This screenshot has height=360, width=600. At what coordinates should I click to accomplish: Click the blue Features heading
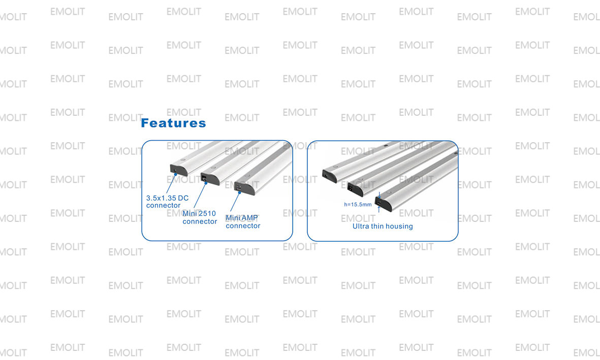[x=173, y=123]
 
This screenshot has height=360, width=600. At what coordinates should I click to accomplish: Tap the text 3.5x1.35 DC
[x=167, y=198]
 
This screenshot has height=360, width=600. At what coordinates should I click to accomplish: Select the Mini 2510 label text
[x=199, y=213]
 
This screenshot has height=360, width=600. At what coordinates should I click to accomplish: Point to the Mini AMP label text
[x=242, y=218]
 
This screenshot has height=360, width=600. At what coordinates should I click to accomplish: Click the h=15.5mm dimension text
[x=358, y=204]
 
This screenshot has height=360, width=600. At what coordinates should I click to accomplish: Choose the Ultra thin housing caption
[x=383, y=226]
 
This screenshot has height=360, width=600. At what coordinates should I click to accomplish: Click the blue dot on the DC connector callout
[x=176, y=174]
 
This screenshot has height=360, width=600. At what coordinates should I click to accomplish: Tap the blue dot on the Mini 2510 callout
[x=206, y=183]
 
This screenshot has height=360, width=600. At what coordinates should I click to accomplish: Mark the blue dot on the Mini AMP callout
[x=239, y=192]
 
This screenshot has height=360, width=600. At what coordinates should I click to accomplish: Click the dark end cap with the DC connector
[x=178, y=170]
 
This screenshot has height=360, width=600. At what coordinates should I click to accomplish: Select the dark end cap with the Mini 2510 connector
[x=210, y=179]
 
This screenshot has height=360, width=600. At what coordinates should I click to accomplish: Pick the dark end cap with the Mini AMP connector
[x=244, y=188]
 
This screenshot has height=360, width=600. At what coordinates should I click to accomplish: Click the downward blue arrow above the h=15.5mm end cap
[x=379, y=195]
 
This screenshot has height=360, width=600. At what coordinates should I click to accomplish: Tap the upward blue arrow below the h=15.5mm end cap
[x=379, y=209]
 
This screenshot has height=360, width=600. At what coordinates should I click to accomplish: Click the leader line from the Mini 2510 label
[x=200, y=196]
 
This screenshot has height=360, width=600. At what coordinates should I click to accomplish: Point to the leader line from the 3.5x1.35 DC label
[x=171, y=184]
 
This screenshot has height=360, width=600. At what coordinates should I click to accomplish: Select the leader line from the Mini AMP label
[x=235, y=202]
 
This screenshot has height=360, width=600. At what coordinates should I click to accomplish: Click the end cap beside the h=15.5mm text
[x=383, y=204]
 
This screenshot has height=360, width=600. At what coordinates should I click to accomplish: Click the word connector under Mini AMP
[x=243, y=226]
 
